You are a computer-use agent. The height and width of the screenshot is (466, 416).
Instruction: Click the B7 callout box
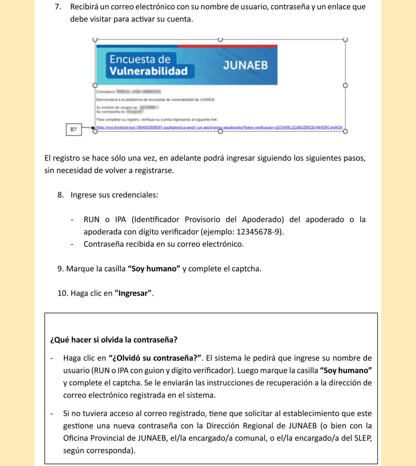(x=74, y=130)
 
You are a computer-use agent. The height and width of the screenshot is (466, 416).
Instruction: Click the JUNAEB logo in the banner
(x=245, y=65)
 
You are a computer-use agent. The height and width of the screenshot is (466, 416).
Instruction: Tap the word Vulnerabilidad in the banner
(x=148, y=71)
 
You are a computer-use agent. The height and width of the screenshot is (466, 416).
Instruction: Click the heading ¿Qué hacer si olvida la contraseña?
(x=114, y=339)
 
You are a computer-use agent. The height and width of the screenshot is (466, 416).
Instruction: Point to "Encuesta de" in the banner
(x=140, y=59)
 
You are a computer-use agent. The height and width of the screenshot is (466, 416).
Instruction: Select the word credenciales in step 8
(x=134, y=195)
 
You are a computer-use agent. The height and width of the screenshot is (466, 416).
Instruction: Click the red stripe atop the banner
(x=227, y=46)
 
